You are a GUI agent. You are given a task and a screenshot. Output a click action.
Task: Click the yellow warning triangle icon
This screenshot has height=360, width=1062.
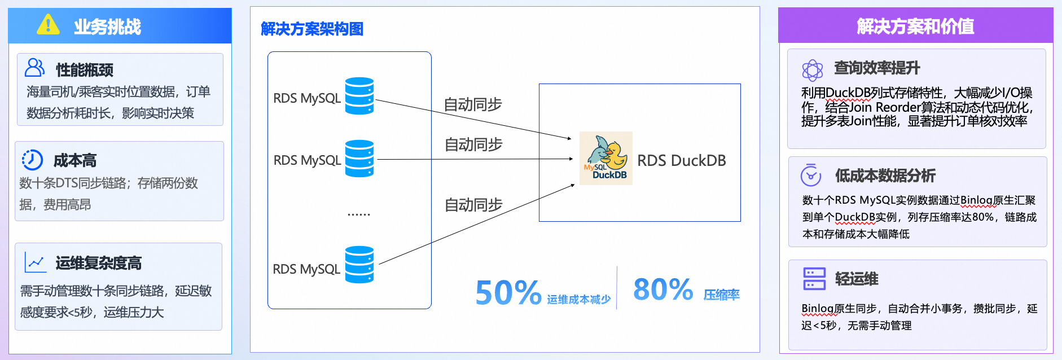point(48,24)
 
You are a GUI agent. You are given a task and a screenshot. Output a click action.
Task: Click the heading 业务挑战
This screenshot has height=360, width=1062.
point(107,27)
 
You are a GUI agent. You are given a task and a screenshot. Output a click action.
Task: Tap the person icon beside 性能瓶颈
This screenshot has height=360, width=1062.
point(34,68)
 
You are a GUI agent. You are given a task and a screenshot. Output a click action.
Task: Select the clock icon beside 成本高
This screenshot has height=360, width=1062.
point(32,160)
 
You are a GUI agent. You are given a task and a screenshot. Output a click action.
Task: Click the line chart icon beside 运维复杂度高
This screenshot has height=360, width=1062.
point(35,262)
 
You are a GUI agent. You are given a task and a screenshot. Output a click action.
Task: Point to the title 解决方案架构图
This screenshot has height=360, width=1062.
point(312,29)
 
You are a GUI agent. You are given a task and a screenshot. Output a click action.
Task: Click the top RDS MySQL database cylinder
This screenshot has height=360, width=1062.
point(359,96)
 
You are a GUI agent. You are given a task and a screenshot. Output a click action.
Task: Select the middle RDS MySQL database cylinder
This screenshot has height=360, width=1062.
point(359,159)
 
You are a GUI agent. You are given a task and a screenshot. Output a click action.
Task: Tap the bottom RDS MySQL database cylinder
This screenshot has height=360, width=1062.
point(359,265)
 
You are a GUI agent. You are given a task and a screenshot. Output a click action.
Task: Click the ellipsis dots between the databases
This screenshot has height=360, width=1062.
point(359,215)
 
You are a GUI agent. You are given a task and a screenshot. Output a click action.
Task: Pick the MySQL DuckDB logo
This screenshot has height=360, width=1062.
point(606,159)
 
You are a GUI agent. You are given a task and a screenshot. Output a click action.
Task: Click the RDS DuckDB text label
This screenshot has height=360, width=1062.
point(682,161)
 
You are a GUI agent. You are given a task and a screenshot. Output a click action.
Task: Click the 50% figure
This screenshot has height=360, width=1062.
point(508,292)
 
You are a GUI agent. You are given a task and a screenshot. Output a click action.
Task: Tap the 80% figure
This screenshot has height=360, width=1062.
point(663,289)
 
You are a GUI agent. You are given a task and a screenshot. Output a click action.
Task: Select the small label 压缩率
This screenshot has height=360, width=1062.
point(722,295)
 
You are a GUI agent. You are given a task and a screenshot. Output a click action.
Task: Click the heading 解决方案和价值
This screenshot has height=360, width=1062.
point(915,26)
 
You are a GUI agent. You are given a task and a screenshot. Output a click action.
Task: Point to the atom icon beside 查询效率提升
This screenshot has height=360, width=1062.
point(813,71)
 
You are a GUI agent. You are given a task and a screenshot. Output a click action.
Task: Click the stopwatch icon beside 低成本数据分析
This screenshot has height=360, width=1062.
point(811,175)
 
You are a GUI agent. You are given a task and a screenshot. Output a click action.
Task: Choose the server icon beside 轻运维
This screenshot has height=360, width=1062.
point(814,279)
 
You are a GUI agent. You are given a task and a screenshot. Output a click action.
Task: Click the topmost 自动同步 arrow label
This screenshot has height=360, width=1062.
point(473,104)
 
